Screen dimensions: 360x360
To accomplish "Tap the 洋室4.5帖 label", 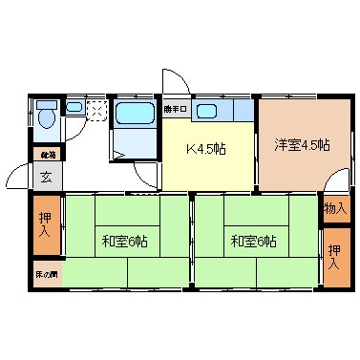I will pos(302,145).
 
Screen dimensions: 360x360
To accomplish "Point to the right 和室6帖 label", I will pos(253,241).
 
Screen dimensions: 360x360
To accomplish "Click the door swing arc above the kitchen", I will pos(175,83).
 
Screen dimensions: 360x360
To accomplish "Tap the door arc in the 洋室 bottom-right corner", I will pos(337,183).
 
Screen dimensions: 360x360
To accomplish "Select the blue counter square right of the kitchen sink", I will pos(244,111).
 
